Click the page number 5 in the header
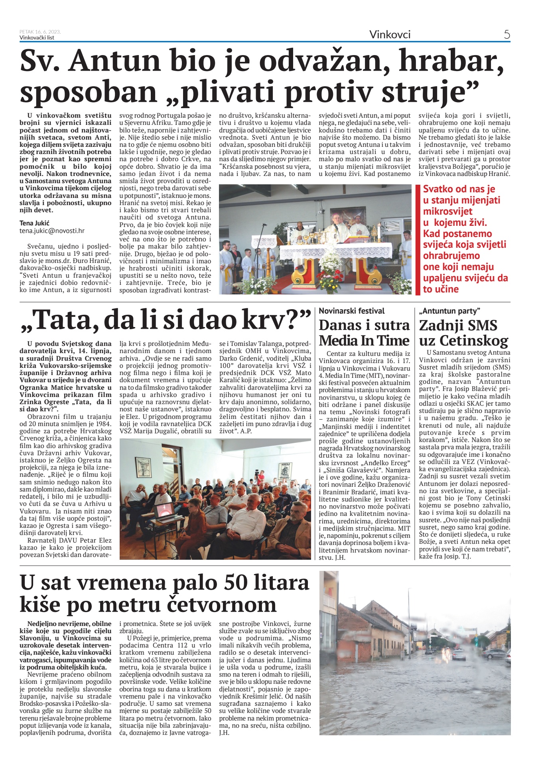[507, 34]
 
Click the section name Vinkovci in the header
[390, 34]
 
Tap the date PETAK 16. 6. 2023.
[40, 32]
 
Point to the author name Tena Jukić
[34, 223]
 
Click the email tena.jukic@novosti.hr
[52, 231]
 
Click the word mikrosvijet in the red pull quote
[447, 211]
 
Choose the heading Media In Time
[364, 340]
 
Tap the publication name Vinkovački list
[37, 38]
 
